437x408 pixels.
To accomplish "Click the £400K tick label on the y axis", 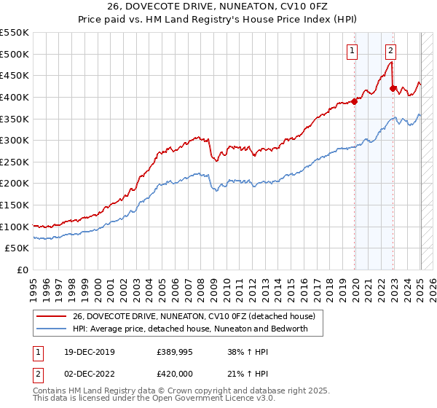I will (14, 97).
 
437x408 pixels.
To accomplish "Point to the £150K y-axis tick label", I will (14, 205).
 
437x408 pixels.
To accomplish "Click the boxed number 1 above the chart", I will (353, 51).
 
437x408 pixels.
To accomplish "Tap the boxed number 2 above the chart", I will (391, 51).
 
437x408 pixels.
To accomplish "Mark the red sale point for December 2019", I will (355, 101).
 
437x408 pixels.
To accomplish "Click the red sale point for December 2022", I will (393, 88).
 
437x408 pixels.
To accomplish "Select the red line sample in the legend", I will (51, 316).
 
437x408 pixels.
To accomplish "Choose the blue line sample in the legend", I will (51, 329).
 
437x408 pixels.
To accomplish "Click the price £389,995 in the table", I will (175, 352).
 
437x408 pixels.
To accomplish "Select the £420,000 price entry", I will (175, 374).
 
